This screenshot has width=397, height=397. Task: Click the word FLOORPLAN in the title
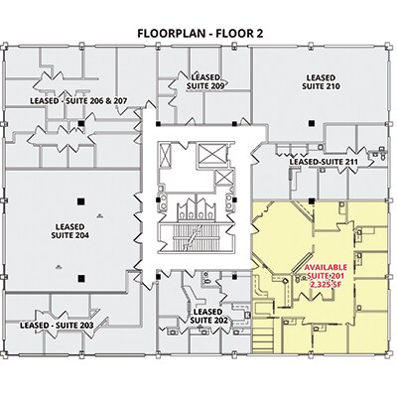point(172,34)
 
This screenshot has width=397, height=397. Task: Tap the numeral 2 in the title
point(259,34)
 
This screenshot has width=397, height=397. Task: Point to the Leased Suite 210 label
point(321,82)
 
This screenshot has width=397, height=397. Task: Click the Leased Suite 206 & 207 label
point(78,101)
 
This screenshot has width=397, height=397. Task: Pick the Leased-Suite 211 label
point(324,162)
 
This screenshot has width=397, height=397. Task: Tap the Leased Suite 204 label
point(69,231)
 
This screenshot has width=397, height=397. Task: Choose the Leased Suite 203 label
point(57,326)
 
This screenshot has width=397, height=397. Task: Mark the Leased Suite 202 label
point(208,317)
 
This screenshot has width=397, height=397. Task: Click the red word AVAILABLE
point(326,267)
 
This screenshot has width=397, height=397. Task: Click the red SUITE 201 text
point(326,276)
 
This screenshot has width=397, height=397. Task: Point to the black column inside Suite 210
point(312,123)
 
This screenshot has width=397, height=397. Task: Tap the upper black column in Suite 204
point(79,200)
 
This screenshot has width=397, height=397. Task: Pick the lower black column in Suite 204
point(80,278)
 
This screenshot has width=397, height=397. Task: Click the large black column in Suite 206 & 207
point(80,123)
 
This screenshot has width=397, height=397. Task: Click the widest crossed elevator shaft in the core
point(211,153)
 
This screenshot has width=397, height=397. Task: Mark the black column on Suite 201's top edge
point(312,200)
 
